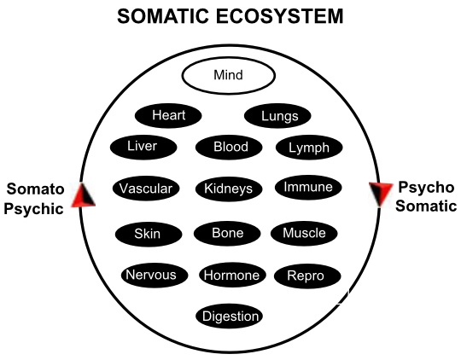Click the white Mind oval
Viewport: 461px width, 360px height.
coord(229,75)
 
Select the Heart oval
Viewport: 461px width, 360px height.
coord(168,115)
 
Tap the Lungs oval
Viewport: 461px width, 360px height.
coord(277,116)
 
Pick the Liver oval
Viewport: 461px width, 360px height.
coord(143,147)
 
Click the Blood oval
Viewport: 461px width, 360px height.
coord(229,147)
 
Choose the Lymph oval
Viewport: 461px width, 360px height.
coord(309,147)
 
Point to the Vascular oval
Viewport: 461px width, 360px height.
coord(146,189)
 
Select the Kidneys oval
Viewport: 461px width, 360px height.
coord(229,189)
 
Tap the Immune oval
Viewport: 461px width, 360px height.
coord(308,187)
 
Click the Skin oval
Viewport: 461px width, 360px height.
coord(149,235)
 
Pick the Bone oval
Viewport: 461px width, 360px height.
coord(227,234)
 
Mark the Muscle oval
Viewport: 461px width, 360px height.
coord(304,234)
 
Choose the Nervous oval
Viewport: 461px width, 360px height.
coord(155,276)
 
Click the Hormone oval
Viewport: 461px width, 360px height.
coord(232,276)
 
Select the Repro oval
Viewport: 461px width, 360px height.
coord(307,276)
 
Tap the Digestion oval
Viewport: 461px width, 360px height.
coord(229,316)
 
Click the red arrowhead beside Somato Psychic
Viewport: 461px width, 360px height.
coord(83,195)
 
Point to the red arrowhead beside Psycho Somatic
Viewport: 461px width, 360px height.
coord(381,194)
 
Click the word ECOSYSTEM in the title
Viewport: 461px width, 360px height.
coord(280,16)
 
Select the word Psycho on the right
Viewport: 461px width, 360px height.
coord(426,187)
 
